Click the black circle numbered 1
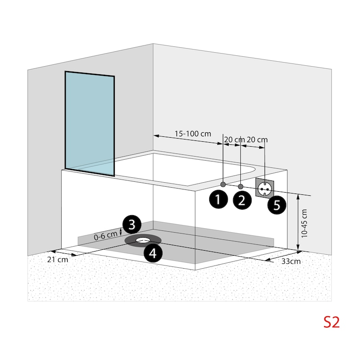point(218,199)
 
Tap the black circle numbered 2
point(242,200)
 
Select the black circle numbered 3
point(132,224)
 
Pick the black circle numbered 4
point(153,253)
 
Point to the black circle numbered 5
point(277,205)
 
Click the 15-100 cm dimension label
point(193,134)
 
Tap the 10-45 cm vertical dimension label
point(304,223)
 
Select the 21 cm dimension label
point(58,260)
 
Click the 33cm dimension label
point(291,261)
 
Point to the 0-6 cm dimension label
point(106,235)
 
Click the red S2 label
point(331,322)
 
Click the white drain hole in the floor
point(143,240)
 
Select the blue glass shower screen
point(90,123)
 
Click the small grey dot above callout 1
point(223,184)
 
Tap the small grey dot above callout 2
point(240,186)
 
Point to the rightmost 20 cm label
point(257,139)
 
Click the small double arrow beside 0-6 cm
point(121,232)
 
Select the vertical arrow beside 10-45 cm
point(298,222)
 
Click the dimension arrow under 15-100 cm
point(188,140)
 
